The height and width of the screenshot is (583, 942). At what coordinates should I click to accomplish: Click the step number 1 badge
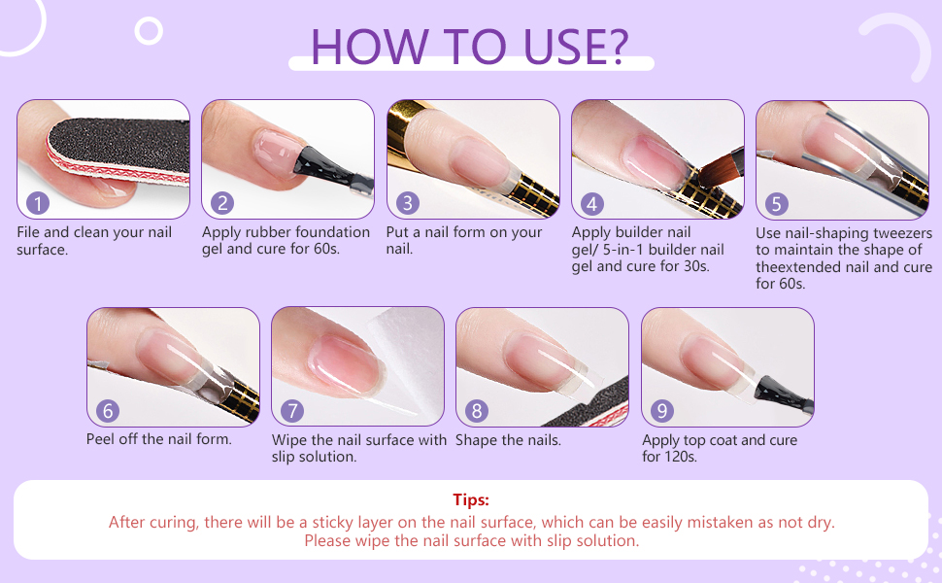click(x=37, y=203)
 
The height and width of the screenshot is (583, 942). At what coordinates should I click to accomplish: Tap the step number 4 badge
click(x=591, y=203)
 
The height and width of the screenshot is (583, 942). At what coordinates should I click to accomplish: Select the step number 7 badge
click(x=292, y=411)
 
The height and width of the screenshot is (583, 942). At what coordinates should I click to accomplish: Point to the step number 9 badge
click(x=661, y=411)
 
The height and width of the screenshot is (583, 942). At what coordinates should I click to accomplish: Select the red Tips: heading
click(x=471, y=499)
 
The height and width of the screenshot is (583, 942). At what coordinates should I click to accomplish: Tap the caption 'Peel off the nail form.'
click(x=159, y=439)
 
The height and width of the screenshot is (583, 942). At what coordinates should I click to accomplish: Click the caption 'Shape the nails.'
click(x=508, y=440)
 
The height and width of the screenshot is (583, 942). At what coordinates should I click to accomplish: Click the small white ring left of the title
click(x=149, y=31)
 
